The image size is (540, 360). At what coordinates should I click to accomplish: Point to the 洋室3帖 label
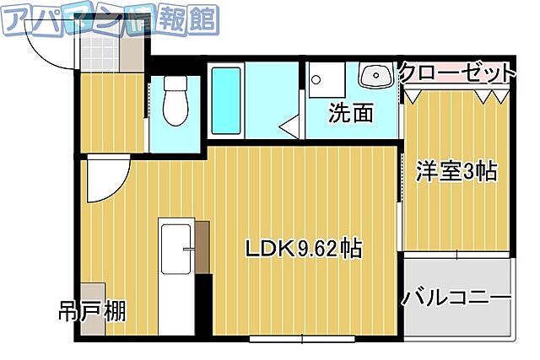point(456,172)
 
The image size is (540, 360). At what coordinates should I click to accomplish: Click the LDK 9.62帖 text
point(304,249)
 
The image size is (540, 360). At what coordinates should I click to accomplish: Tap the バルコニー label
point(456,298)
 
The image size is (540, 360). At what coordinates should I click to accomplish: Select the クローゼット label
point(456,73)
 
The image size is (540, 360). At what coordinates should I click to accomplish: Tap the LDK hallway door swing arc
point(105,180)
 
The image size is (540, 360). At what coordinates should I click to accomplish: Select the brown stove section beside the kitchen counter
point(202,246)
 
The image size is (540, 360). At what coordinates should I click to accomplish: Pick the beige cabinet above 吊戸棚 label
point(94,292)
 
